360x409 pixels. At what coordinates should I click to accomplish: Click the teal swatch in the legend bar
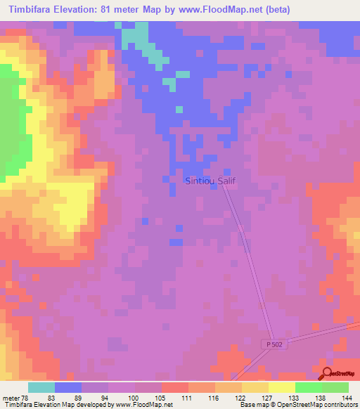(41, 387)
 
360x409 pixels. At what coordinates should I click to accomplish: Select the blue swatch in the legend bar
(68, 387)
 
